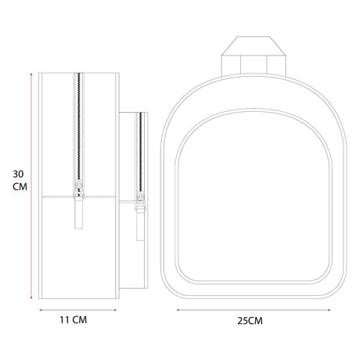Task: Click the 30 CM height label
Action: tap(20, 181)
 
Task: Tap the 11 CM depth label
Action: tap(74, 320)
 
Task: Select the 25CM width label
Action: tap(250, 321)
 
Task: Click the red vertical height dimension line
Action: tap(31, 185)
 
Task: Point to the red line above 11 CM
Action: tap(77, 310)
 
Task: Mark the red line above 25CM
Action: tap(254, 310)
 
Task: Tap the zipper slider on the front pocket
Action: tap(141, 200)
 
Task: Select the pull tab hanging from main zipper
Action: tap(78, 214)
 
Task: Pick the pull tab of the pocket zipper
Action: tap(141, 225)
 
